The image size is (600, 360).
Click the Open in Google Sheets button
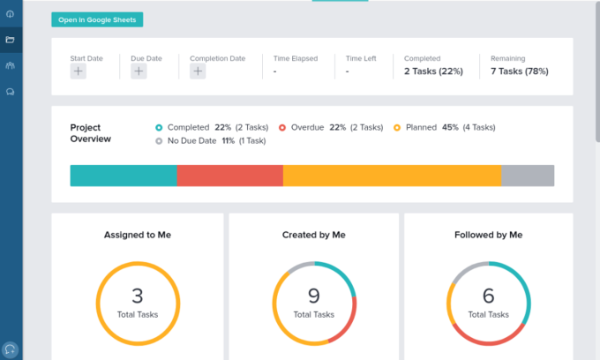coord(97,19)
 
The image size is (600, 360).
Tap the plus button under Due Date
coord(139,72)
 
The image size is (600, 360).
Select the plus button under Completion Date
coord(198,72)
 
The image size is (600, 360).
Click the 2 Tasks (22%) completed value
coord(433,71)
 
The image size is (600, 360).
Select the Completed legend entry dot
coord(159,127)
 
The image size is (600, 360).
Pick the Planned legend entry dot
coord(397,127)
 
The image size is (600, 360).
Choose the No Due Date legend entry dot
coord(159,140)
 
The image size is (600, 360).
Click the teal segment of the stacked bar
coord(124,175)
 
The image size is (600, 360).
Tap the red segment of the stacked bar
coord(230,175)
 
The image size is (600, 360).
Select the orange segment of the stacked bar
coord(392,175)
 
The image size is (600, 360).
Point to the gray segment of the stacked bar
coord(528,175)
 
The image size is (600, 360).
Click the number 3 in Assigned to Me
coord(137,296)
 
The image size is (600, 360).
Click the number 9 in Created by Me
coord(313,296)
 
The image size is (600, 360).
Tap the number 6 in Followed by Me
coord(488,296)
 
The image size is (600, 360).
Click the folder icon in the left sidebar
coord(11,40)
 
